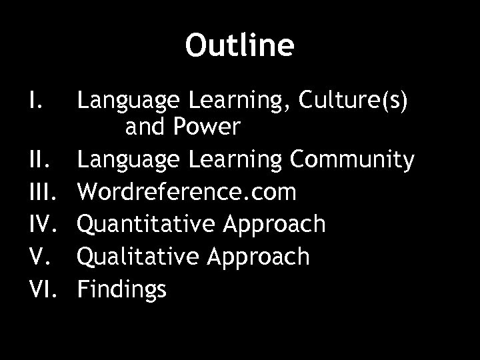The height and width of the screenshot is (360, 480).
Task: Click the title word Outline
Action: tap(239, 45)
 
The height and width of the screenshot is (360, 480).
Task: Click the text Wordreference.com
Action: tap(186, 193)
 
